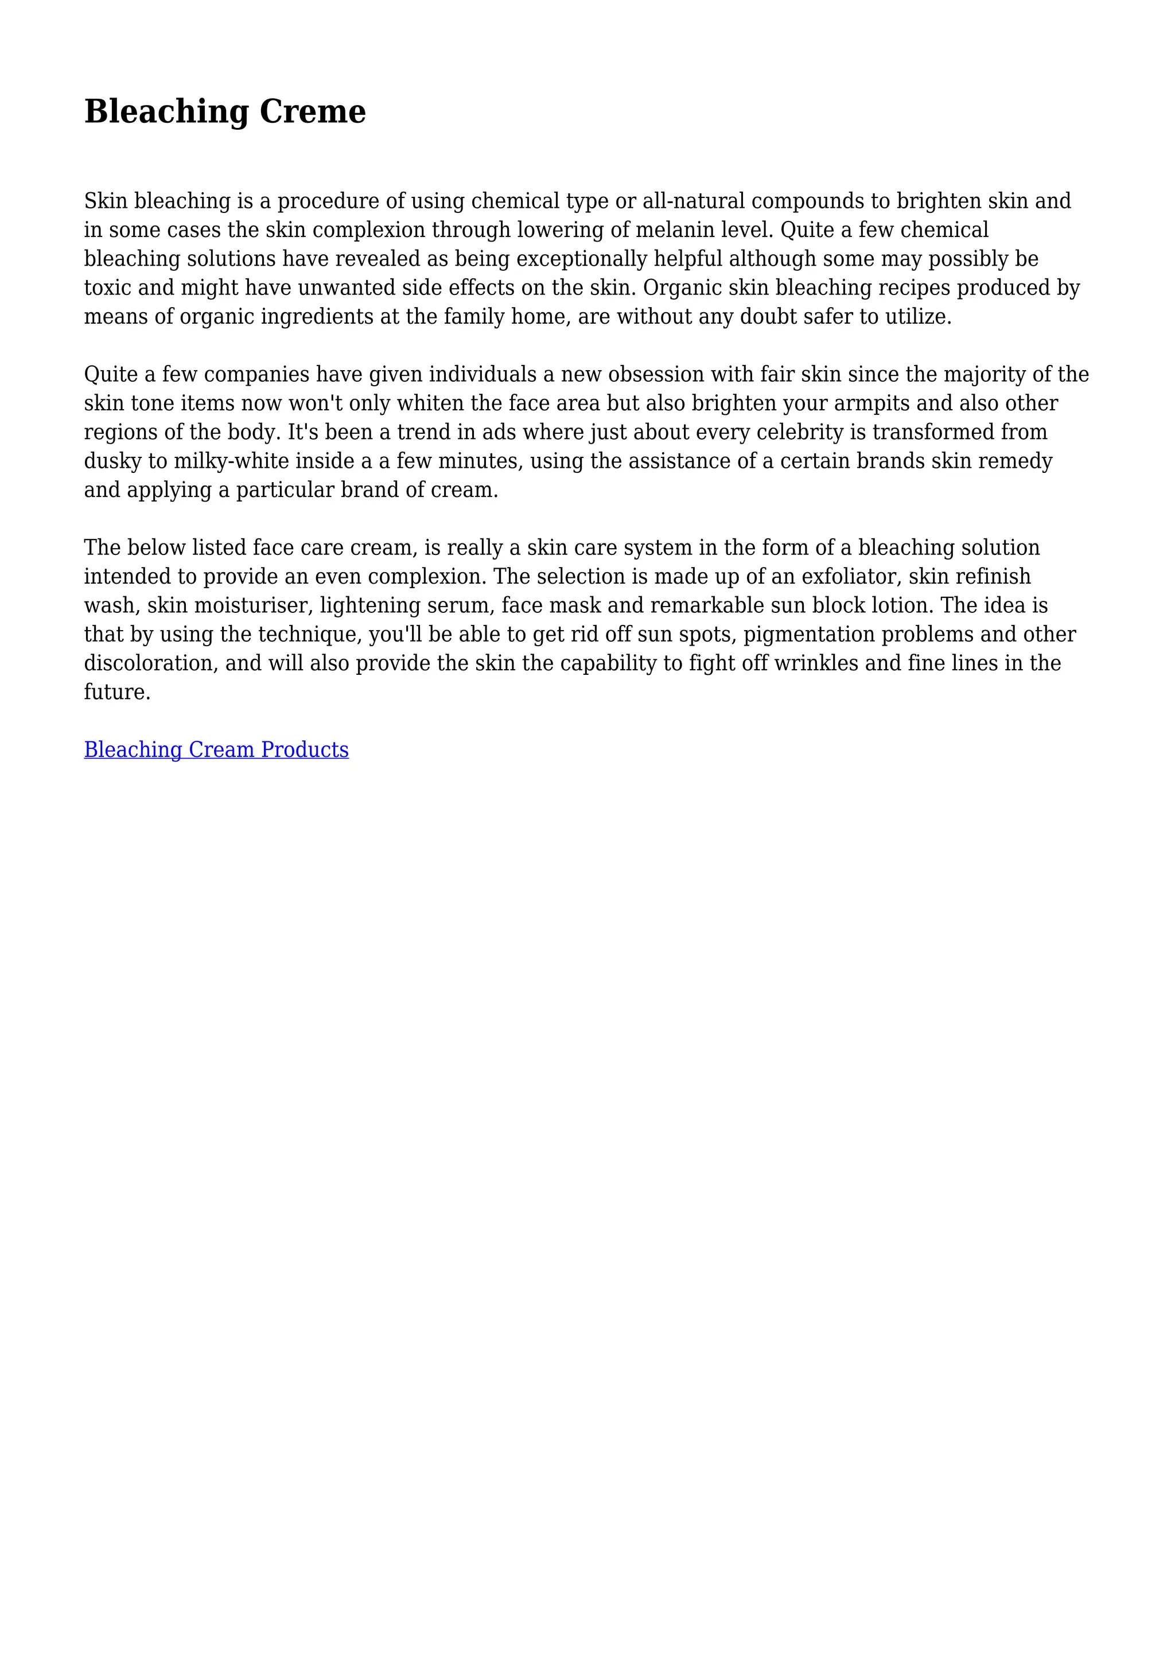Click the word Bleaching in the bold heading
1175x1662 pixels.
coord(166,111)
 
